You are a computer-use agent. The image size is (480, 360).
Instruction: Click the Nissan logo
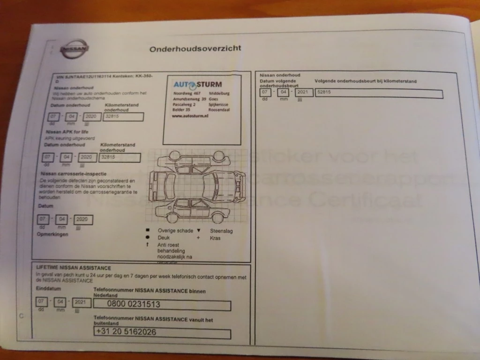pyautogui.click(x=75, y=49)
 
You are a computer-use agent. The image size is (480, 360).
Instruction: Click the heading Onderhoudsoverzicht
pyautogui.click(x=195, y=48)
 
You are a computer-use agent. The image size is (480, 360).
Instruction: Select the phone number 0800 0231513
pyautogui.click(x=134, y=304)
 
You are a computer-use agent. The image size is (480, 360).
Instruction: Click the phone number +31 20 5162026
pyautogui.click(x=126, y=332)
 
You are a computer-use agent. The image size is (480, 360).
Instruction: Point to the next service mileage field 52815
pyautogui.click(x=324, y=92)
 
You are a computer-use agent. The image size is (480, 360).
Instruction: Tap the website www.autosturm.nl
pyautogui.click(x=190, y=116)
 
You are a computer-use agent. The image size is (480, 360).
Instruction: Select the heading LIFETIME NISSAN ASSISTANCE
pyautogui.click(x=74, y=268)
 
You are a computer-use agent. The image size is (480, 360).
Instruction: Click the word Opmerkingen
pyautogui.click(x=52, y=234)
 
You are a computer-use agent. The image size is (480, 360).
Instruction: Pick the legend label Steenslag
pyautogui.click(x=221, y=231)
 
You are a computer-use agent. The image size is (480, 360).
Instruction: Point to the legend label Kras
pyautogui.click(x=215, y=238)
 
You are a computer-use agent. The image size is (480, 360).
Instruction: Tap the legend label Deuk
pyautogui.click(x=164, y=238)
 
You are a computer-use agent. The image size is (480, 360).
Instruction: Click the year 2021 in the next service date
pyautogui.click(x=304, y=92)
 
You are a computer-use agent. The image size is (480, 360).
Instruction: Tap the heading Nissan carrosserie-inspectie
pyautogui.click(x=69, y=174)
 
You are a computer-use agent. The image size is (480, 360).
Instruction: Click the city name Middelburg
pyautogui.click(x=220, y=93)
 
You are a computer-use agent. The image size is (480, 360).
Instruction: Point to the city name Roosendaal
pyautogui.click(x=219, y=110)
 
